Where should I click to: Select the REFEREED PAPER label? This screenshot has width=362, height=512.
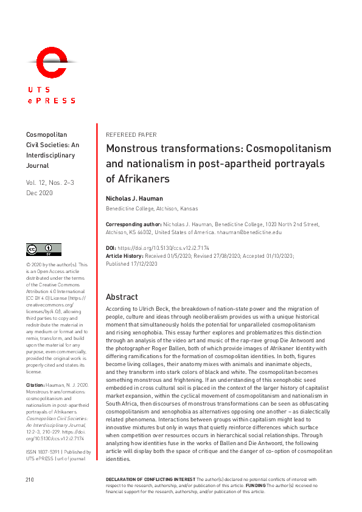(x=131, y=135)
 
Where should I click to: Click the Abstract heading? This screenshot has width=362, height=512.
(x=122, y=297)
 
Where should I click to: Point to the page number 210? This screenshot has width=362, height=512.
(x=29, y=497)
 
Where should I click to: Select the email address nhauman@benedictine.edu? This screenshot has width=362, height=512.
(x=251, y=232)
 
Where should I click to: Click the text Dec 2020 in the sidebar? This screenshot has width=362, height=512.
(x=39, y=193)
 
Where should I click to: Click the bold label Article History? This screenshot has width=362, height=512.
(x=125, y=256)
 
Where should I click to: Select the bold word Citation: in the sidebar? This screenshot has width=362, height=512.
(x=35, y=386)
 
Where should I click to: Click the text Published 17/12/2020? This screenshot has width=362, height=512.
(x=131, y=264)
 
